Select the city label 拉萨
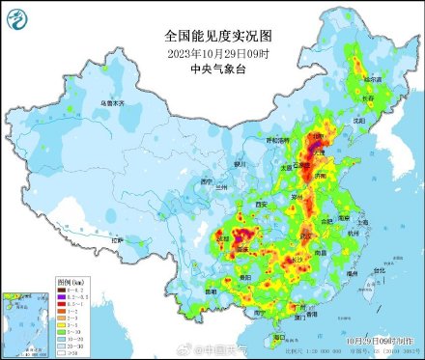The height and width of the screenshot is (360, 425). (119, 239)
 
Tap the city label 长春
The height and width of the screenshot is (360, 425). (368, 97)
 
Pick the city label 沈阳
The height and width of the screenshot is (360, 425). (358, 121)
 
